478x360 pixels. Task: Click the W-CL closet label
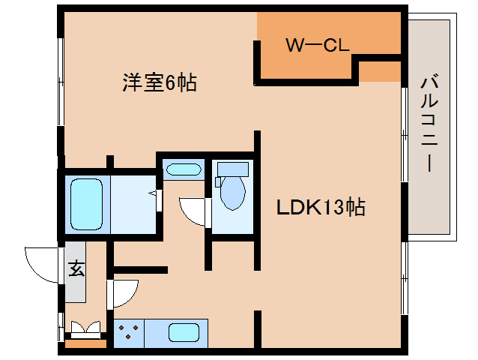tap(317, 46)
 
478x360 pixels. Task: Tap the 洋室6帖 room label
tap(160, 82)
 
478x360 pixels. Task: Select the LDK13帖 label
tap(321, 208)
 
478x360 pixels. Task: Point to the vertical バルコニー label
tap(430, 124)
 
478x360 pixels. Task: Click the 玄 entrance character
tap(76, 268)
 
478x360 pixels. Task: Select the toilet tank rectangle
tap(232, 169)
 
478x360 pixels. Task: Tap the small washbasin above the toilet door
tap(183, 169)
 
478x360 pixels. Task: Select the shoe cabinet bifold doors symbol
tap(85, 328)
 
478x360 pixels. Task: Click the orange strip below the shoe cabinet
tap(85, 344)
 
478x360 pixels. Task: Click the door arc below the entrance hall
tap(121, 294)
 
